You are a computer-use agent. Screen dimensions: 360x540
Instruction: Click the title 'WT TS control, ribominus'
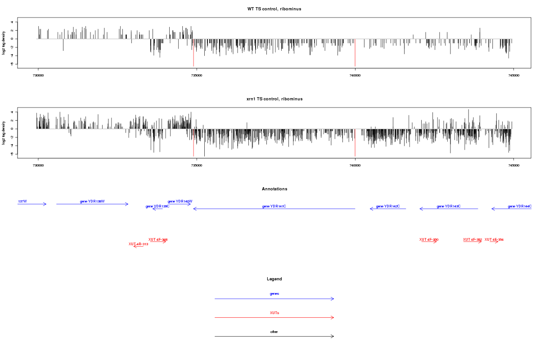pyautogui.click(x=274, y=9)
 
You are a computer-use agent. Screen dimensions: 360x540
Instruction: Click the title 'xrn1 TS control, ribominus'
pyautogui.click(x=274, y=99)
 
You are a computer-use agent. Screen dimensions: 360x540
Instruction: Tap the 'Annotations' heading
pyautogui.click(x=274, y=189)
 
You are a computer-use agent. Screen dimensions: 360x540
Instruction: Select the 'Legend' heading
pyautogui.click(x=274, y=279)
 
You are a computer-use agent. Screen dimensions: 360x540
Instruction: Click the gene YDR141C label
pyautogui.click(x=274, y=206)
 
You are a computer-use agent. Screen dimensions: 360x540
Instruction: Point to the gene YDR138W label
pyautogui.click(x=92, y=201)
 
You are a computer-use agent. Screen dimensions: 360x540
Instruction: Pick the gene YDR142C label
pyautogui.click(x=388, y=206)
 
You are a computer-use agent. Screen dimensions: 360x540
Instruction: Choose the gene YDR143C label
pyautogui.click(x=449, y=206)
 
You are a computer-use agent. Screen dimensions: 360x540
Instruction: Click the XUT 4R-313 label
pyautogui.click(x=138, y=244)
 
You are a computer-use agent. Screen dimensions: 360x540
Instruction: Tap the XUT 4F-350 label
pyautogui.click(x=429, y=239)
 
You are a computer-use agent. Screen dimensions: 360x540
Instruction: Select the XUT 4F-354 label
pyautogui.click(x=494, y=239)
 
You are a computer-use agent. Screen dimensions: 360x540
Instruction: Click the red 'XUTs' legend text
pyautogui.click(x=274, y=313)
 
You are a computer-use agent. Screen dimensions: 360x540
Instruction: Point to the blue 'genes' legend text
pyautogui.click(x=274, y=294)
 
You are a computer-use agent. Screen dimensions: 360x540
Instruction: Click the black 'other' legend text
pyautogui.click(x=274, y=332)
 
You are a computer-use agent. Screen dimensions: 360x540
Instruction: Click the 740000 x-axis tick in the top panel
pyautogui.click(x=355, y=75)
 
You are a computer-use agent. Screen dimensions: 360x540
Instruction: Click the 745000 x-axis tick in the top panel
pyautogui.click(x=513, y=75)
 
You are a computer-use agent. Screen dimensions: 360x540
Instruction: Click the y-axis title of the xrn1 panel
pyautogui.click(x=4, y=133)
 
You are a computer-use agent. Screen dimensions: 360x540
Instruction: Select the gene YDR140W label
pyautogui.click(x=180, y=201)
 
